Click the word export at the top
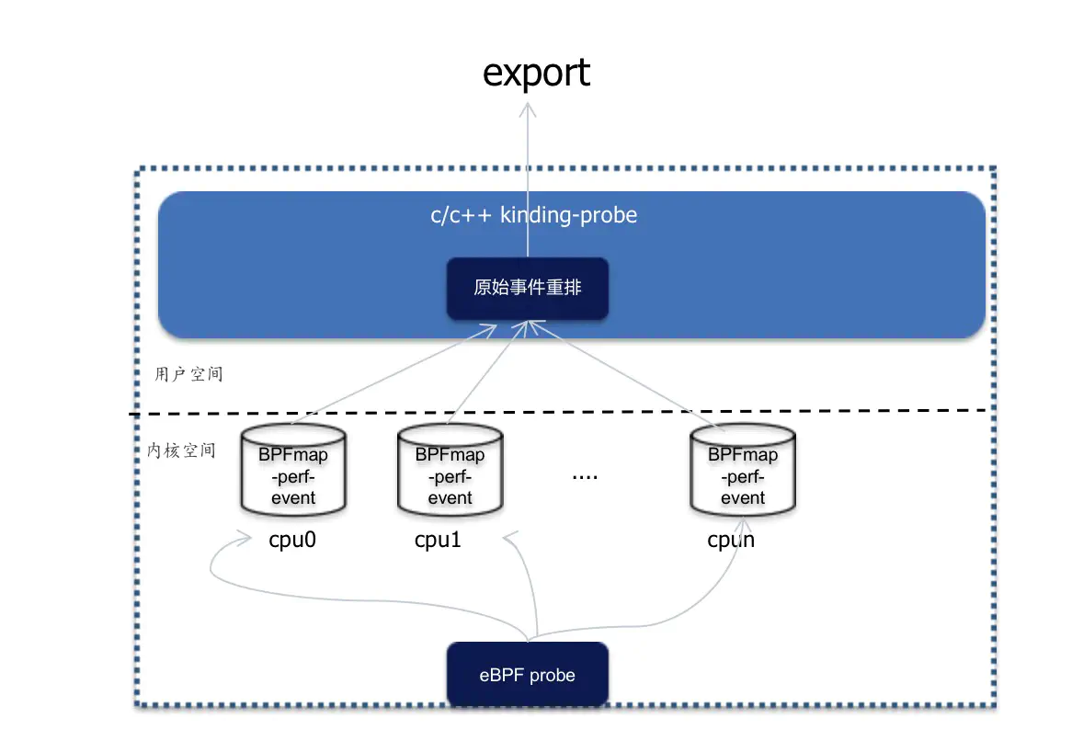tap(536, 74)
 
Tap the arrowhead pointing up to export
tap(528, 109)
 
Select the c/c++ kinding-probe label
tap(533, 215)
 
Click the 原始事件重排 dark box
tap(528, 288)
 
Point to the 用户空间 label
tap(188, 374)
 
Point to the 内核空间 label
tap(182, 450)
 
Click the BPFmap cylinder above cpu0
tap(293, 470)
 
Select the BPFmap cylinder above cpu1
tap(450, 470)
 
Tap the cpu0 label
tap(292, 540)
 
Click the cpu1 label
tap(438, 540)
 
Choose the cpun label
tap(731, 540)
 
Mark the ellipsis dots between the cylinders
tap(585, 477)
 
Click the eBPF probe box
tap(528, 675)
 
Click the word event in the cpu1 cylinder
tap(450, 498)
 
